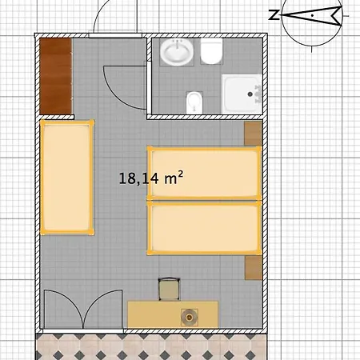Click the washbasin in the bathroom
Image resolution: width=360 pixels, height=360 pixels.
pyautogui.click(x=177, y=52)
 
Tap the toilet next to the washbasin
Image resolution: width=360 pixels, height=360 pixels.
pyautogui.click(x=211, y=51)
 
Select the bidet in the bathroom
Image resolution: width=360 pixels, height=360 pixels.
pyautogui.click(x=194, y=102)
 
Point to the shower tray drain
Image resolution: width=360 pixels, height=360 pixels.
pyautogui.click(x=250, y=94)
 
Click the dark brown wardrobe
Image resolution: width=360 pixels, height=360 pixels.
pyautogui.click(x=56, y=76)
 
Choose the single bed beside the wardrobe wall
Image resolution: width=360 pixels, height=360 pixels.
pyautogui.click(x=67, y=178)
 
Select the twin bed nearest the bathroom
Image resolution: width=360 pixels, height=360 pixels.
pyautogui.click(x=204, y=173)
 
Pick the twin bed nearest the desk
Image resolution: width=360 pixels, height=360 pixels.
pyautogui.click(x=204, y=228)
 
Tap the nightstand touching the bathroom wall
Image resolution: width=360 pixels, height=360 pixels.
pyautogui.click(x=253, y=134)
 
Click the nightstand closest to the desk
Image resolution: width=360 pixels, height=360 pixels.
pyautogui.click(x=254, y=268)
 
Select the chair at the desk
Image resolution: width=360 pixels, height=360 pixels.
pyautogui.click(x=169, y=290)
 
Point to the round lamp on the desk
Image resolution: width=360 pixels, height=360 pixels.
pyautogui.click(x=190, y=318)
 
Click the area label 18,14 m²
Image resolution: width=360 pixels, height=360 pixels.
pyautogui.click(x=151, y=178)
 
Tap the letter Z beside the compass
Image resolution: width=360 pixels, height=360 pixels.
pyautogui.click(x=274, y=15)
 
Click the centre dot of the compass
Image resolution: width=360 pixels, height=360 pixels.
pyautogui.click(x=312, y=16)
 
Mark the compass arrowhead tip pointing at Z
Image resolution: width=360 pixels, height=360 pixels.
pyautogui.click(x=281, y=15)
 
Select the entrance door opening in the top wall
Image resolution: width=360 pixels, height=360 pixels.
pyautogui.click(x=115, y=35)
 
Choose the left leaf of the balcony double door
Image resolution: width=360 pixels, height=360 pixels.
pyautogui.click(x=64, y=310)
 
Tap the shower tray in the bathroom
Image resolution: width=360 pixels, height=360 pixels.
pyautogui.click(x=242, y=94)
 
